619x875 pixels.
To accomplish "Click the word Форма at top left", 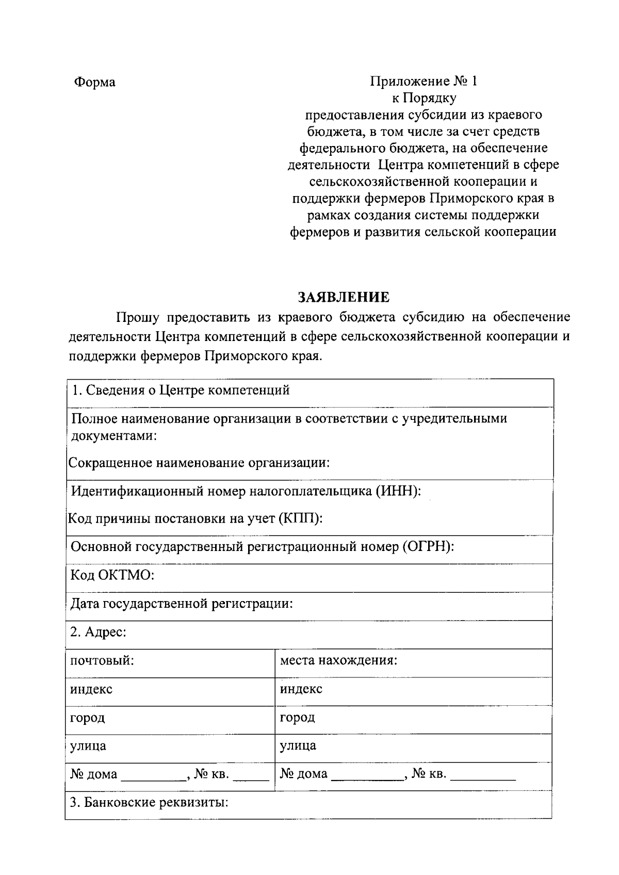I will [x=95, y=83].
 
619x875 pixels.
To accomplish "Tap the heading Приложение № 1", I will [x=423, y=82].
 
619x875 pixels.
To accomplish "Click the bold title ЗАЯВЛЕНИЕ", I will [x=344, y=297].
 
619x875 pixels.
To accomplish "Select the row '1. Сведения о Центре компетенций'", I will [x=181, y=391].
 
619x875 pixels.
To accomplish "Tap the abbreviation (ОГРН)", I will [x=428, y=547].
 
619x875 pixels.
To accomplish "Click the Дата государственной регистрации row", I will [x=182, y=604].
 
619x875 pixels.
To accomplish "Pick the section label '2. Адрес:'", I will [x=99, y=632].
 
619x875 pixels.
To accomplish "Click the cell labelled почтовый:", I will [x=102, y=661].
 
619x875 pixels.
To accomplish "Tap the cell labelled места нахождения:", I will [x=338, y=661].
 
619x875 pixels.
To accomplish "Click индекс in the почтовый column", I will [x=91, y=689].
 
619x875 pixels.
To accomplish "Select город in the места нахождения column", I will [x=297, y=718].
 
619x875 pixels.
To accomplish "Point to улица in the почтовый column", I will [x=88, y=746].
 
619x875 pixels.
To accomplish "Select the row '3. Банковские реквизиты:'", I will [x=150, y=803].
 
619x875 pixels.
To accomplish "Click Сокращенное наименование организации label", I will [x=199, y=463].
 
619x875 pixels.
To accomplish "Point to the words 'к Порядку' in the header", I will [x=424, y=98].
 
